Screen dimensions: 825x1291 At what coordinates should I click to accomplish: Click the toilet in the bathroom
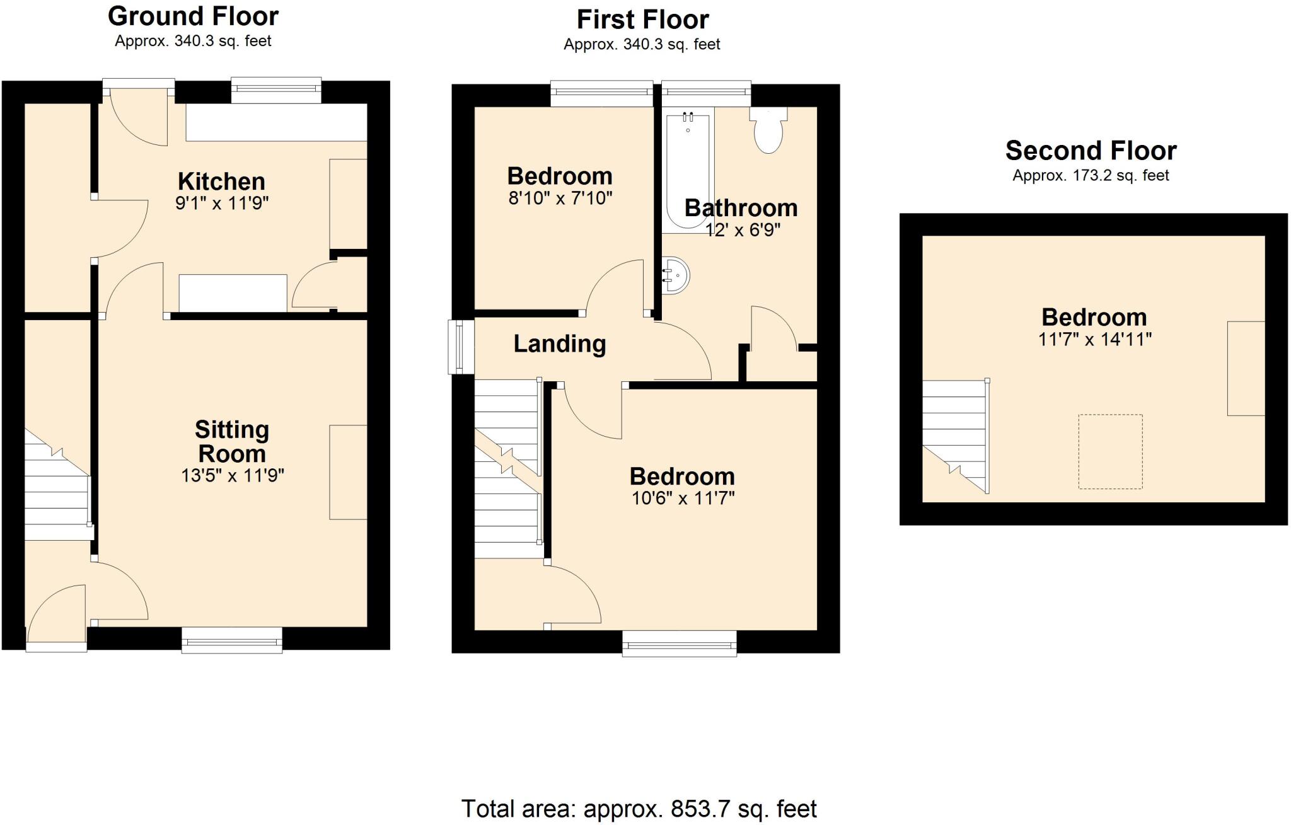tap(768, 132)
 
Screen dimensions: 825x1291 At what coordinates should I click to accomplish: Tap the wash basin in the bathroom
tap(676, 275)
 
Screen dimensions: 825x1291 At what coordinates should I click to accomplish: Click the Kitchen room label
tap(221, 182)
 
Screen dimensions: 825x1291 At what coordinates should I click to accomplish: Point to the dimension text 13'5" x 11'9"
tap(233, 475)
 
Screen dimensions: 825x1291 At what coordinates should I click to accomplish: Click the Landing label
tap(560, 343)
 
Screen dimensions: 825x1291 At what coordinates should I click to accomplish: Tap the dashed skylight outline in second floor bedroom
tap(1110, 451)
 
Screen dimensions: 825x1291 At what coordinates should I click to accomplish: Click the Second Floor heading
tap(1091, 151)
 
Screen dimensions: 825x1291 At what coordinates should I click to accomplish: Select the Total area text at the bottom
tap(639, 809)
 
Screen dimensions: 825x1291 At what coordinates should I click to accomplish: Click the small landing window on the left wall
tap(461, 346)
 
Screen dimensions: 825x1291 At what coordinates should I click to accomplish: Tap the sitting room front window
tap(232, 640)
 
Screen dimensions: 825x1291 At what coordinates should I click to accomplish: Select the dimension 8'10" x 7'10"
tap(560, 199)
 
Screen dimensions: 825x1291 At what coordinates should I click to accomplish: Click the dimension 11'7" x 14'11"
tap(1094, 340)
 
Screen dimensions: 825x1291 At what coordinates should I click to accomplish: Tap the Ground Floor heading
tap(193, 16)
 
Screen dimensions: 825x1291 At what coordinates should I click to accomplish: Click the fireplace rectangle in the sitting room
tap(348, 472)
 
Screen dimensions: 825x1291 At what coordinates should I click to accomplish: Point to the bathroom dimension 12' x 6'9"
tap(743, 230)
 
